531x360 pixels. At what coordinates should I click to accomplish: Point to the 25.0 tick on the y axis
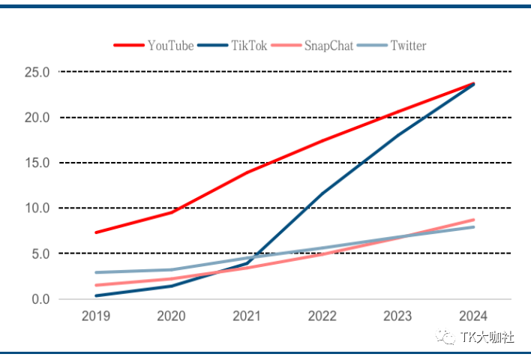click(37, 72)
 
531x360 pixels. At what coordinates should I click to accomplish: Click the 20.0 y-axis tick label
click(37, 118)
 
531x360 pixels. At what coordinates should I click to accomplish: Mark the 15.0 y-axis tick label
click(37, 163)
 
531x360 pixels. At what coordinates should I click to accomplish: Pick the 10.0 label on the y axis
click(37, 208)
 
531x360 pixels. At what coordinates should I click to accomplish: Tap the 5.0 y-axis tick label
click(40, 253)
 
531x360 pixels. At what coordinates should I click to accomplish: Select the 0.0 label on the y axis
click(40, 299)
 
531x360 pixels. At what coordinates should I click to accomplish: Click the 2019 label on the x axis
click(96, 316)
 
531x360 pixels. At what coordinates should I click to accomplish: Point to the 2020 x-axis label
click(172, 316)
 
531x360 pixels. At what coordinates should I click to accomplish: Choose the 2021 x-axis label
click(247, 316)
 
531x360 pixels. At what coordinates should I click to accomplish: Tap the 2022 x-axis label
click(323, 316)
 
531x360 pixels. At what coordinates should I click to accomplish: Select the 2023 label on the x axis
click(398, 316)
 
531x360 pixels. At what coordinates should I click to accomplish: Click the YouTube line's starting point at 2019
click(96, 232)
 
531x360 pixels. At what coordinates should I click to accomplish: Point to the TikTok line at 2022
click(323, 193)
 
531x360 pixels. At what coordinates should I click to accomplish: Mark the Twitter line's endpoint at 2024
click(474, 226)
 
